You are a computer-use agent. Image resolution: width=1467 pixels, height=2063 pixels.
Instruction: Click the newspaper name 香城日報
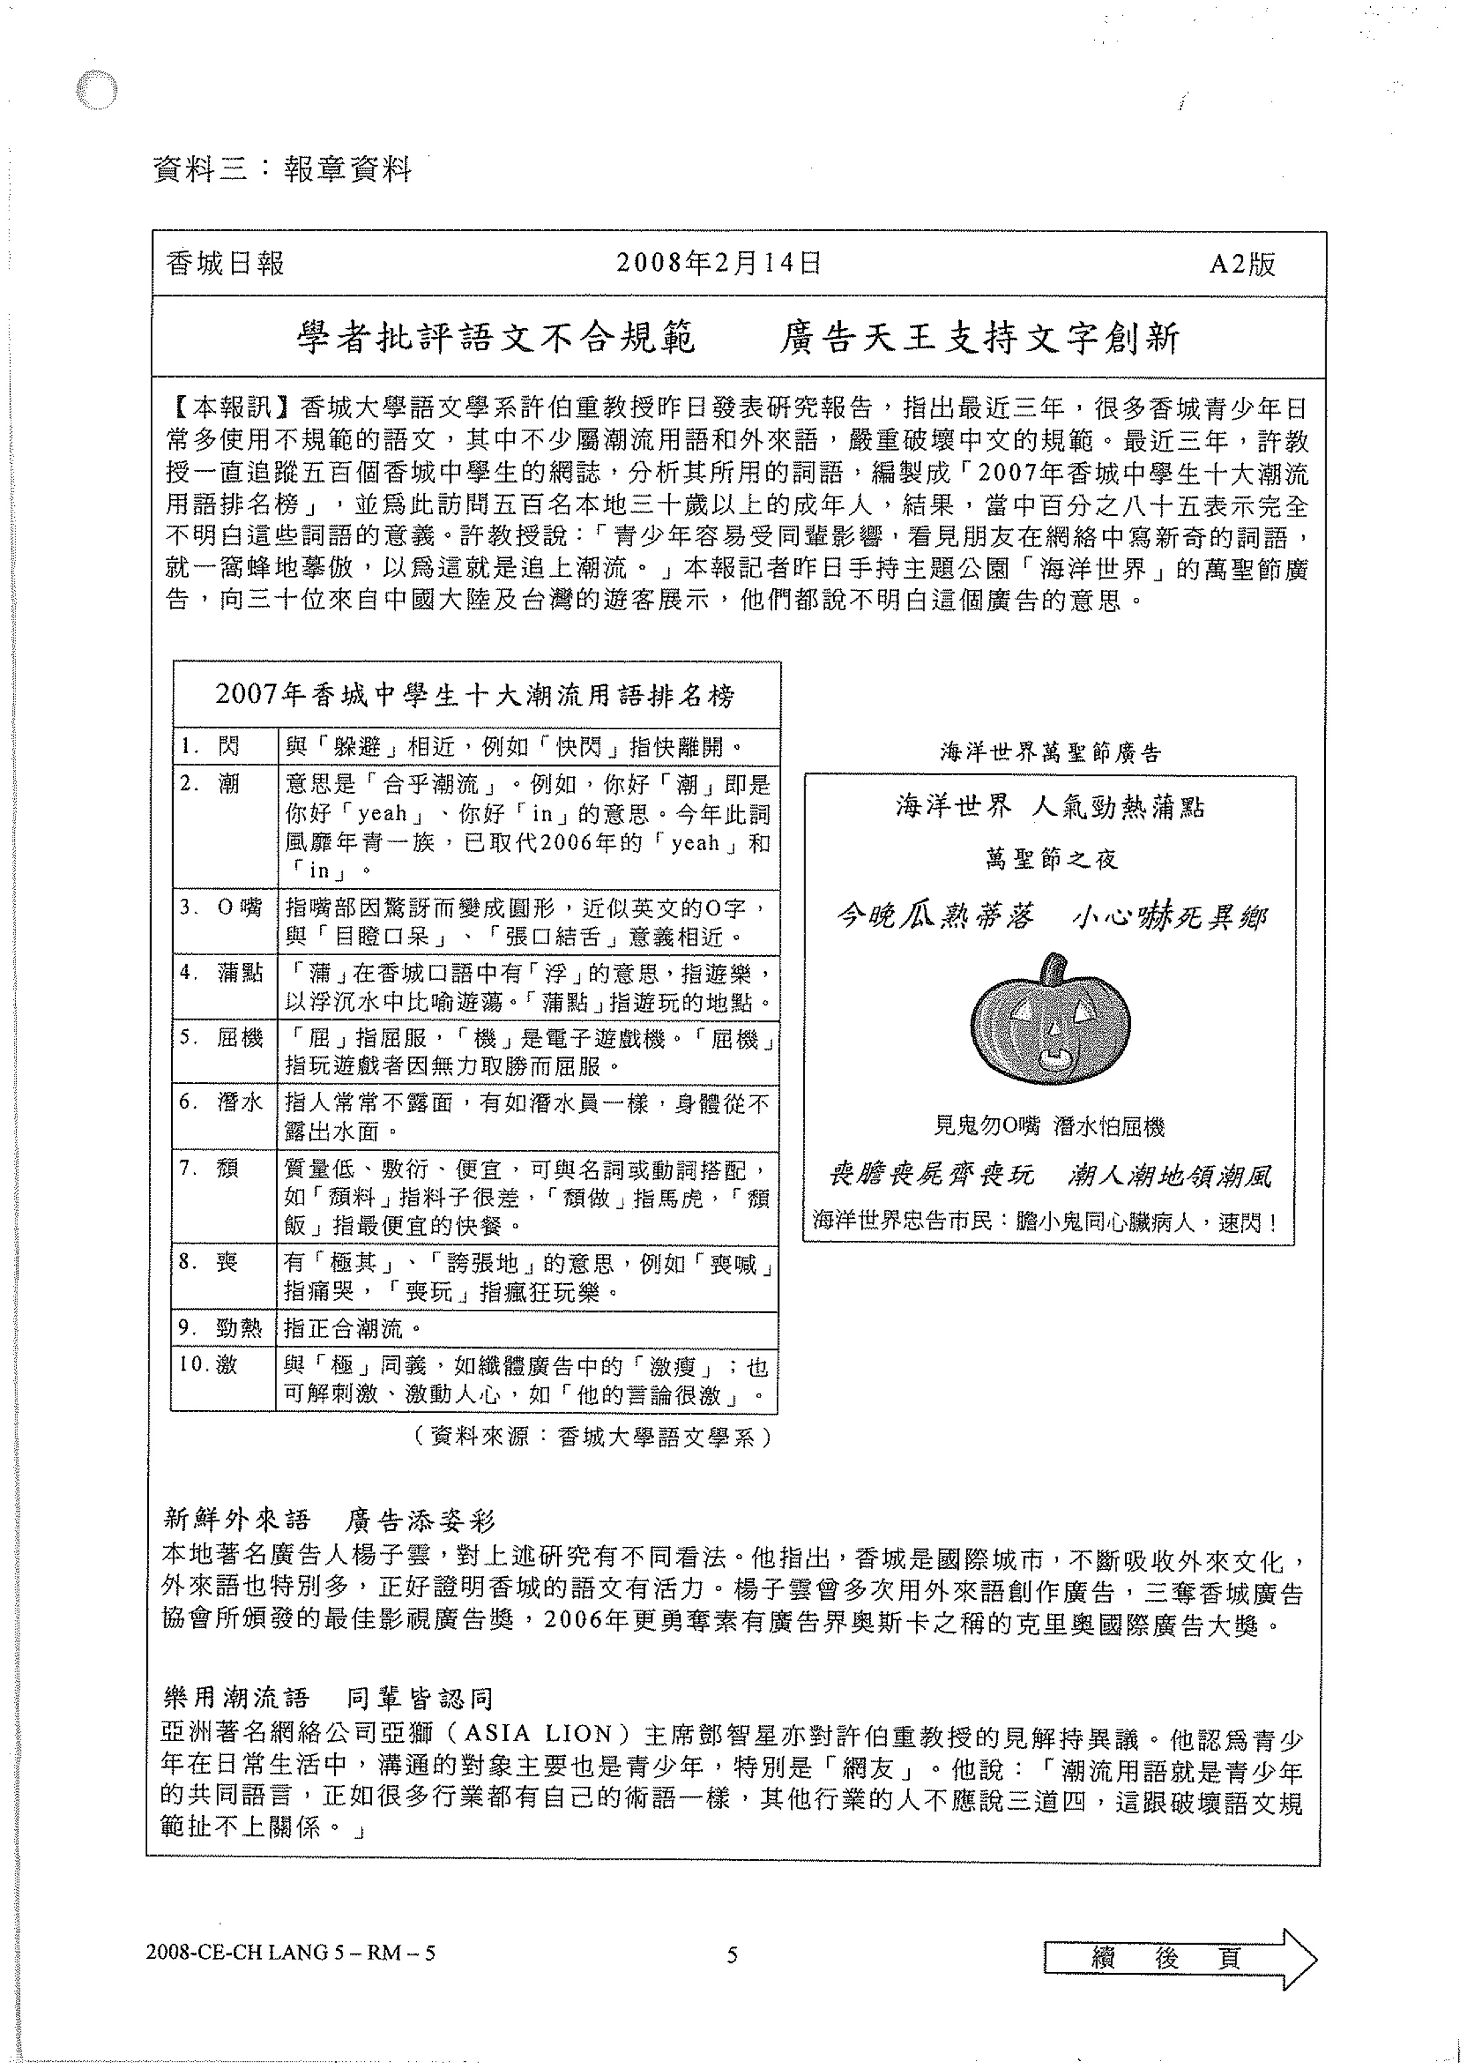tap(226, 263)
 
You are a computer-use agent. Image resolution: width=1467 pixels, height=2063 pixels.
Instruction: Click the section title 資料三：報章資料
tap(283, 169)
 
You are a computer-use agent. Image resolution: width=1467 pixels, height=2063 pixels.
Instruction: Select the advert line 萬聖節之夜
tap(1051, 859)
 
